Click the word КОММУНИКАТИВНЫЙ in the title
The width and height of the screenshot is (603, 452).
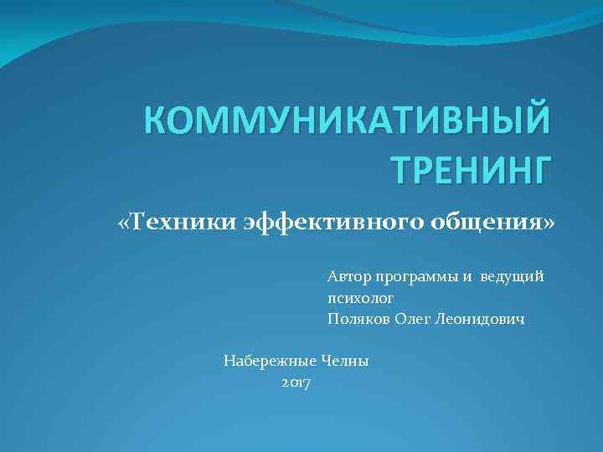[x=348, y=120]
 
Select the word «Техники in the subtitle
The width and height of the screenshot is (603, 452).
[x=177, y=224]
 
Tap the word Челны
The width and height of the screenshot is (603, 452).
[x=345, y=362]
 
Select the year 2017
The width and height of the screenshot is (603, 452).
[x=296, y=383]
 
